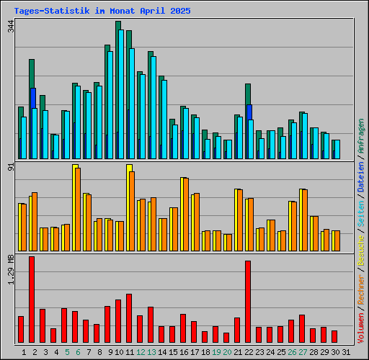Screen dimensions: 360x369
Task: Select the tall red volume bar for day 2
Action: coord(32,300)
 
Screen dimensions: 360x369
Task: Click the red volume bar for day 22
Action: coord(248,302)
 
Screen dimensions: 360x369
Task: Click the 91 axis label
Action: coord(10,168)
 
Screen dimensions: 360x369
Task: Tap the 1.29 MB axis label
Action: coord(10,269)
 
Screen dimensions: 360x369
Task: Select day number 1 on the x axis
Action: coord(24,351)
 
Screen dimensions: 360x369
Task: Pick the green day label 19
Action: coord(216,351)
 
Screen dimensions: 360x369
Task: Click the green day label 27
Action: coord(303,351)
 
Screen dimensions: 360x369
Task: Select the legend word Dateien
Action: coord(361,175)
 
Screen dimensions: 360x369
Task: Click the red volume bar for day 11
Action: coord(129,318)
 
